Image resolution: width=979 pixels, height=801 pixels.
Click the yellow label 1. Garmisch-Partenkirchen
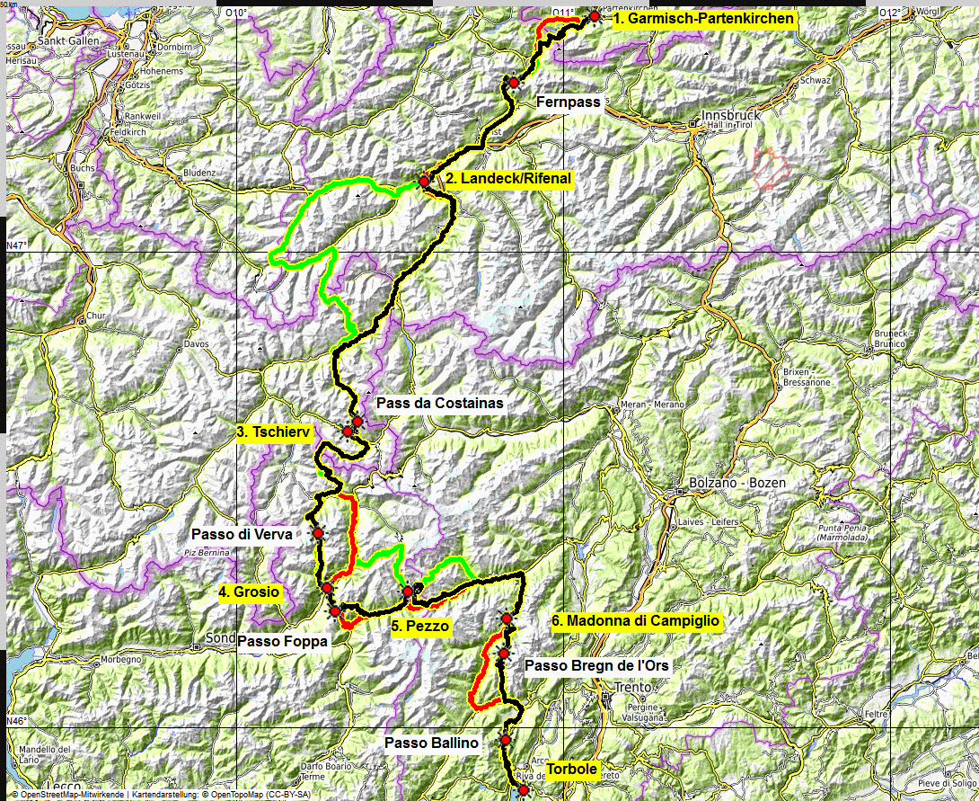click(704, 19)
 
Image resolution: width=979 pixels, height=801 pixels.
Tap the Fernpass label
click(568, 102)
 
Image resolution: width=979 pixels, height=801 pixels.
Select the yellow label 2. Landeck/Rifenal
click(508, 179)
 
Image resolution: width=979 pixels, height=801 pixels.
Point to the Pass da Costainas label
click(440, 404)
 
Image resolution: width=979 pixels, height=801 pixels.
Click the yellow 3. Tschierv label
click(274, 432)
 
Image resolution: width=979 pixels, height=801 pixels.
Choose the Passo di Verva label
click(242, 534)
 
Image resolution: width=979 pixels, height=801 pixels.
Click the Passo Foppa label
click(282, 641)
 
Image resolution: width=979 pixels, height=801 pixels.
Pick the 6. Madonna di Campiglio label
click(636, 620)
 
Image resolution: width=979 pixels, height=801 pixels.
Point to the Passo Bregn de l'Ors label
click(595, 666)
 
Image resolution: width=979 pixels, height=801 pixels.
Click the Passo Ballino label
click(432, 743)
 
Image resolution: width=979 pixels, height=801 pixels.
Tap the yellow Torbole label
click(572, 770)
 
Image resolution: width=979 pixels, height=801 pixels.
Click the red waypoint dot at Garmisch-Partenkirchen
click(594, 17)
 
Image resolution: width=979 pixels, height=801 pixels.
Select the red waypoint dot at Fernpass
click(514, 83)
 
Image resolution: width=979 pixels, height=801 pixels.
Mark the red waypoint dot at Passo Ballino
click(506, 740)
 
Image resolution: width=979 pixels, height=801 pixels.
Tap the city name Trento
click(631, 688)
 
